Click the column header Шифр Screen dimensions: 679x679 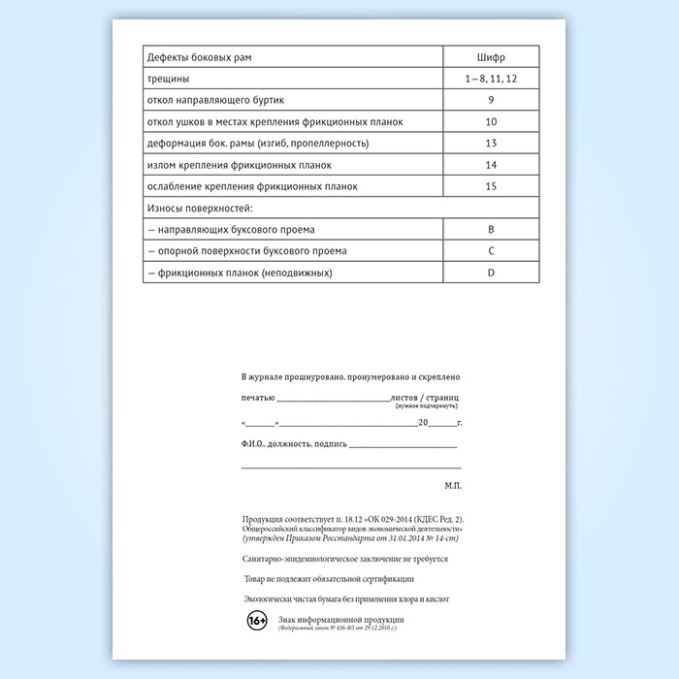pyautogui.click(x=491, y=56)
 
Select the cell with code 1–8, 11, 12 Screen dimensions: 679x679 pyautogui.click(x=491, y=78)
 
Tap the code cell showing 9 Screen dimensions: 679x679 pyautogui.click(x=491, y=100)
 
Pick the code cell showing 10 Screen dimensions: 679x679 pyautogui.click(x=491, y=121)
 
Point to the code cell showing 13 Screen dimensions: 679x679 pyautogui.click(x=491, y=144)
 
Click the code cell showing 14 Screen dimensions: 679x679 pyautogui.click(x=491, y=165)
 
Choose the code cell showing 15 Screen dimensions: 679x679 pyautogui.click(x=491, y=186)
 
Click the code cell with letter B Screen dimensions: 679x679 pyautogui.click(x=491, y=230)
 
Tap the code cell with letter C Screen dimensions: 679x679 pyautogui.click(x=491, y=251)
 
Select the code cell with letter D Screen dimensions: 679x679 pyautogui.click(x=491, y=274)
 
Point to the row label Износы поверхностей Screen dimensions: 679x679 pyautogui.click(x=200, y=208)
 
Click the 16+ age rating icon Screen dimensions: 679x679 pyautogui.click(x=257, y=621)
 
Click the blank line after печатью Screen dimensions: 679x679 pyautogui.click(x=333, y=399)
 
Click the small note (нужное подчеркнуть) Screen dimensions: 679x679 pyautogui.click(x=427, y=408)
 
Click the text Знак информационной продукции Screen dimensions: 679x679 pyautogui.click(x=340, y=618)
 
